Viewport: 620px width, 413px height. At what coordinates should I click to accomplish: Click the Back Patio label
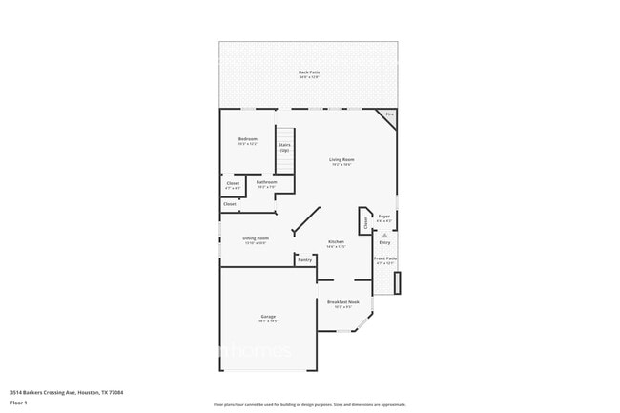(x=308, y=73)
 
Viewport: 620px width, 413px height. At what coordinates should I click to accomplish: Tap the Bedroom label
(x=248, y=140)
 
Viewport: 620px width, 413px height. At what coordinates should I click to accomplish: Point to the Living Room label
(x=341, y=160)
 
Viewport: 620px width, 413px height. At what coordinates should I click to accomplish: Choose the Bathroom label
(x=266, y=182)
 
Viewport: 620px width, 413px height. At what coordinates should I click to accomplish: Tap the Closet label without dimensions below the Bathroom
(x=230, y=203)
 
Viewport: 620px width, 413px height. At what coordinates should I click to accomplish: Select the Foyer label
(x=384, y=217)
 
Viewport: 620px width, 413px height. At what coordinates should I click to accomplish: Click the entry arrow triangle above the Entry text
(x=385, y=234)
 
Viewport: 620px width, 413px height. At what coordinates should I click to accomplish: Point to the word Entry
(x=385, y=242)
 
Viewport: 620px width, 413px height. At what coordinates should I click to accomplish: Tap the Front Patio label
(x=385, y=258)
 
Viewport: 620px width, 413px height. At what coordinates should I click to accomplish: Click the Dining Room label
(x=255, y=238)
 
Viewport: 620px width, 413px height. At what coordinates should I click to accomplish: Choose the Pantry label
(x=304, y=259)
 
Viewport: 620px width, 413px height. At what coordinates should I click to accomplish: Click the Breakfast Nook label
(x=341, y=302)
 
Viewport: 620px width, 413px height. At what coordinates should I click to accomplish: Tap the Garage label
(x=267, y=317)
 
